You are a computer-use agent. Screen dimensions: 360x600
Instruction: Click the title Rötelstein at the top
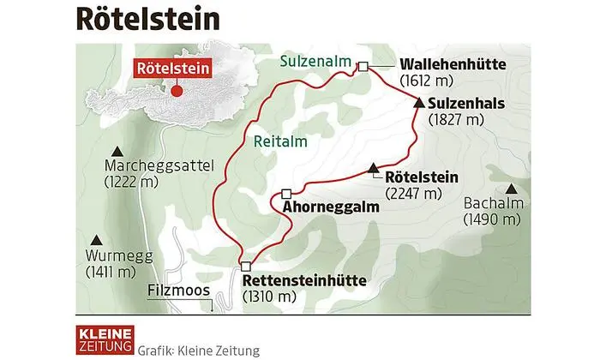pos(147,19)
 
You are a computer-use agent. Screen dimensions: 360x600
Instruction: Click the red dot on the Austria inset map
pos(177,90)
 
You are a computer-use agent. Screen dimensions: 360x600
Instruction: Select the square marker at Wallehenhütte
pos(363,66)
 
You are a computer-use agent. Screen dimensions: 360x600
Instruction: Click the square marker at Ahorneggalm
pos(286,193)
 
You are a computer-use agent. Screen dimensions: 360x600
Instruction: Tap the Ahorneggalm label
pos(331,207)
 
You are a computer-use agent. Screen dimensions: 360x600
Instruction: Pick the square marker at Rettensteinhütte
pos(245,266)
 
